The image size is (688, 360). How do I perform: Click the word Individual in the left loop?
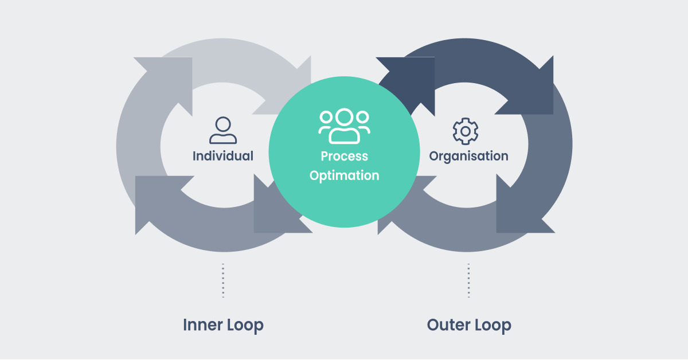click(x=222, y=156)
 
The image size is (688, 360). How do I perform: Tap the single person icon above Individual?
click(x=223, y=130)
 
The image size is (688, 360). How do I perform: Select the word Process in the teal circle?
click(x=344, y=156)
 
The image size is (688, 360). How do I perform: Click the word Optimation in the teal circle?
click(x=344, y=175)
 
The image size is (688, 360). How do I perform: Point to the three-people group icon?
click(x=344, y=126)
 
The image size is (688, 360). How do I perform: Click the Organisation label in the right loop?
click(x=468, y=156)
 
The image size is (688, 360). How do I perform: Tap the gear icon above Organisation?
click(x=466, y=131)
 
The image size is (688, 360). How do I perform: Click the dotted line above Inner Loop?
click(x=223, y=280)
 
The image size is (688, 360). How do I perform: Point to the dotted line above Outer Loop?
click(x=468, y=280)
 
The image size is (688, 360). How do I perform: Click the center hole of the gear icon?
click(x=466, y=131)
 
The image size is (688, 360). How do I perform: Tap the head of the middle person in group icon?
click(x=344, y=117)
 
